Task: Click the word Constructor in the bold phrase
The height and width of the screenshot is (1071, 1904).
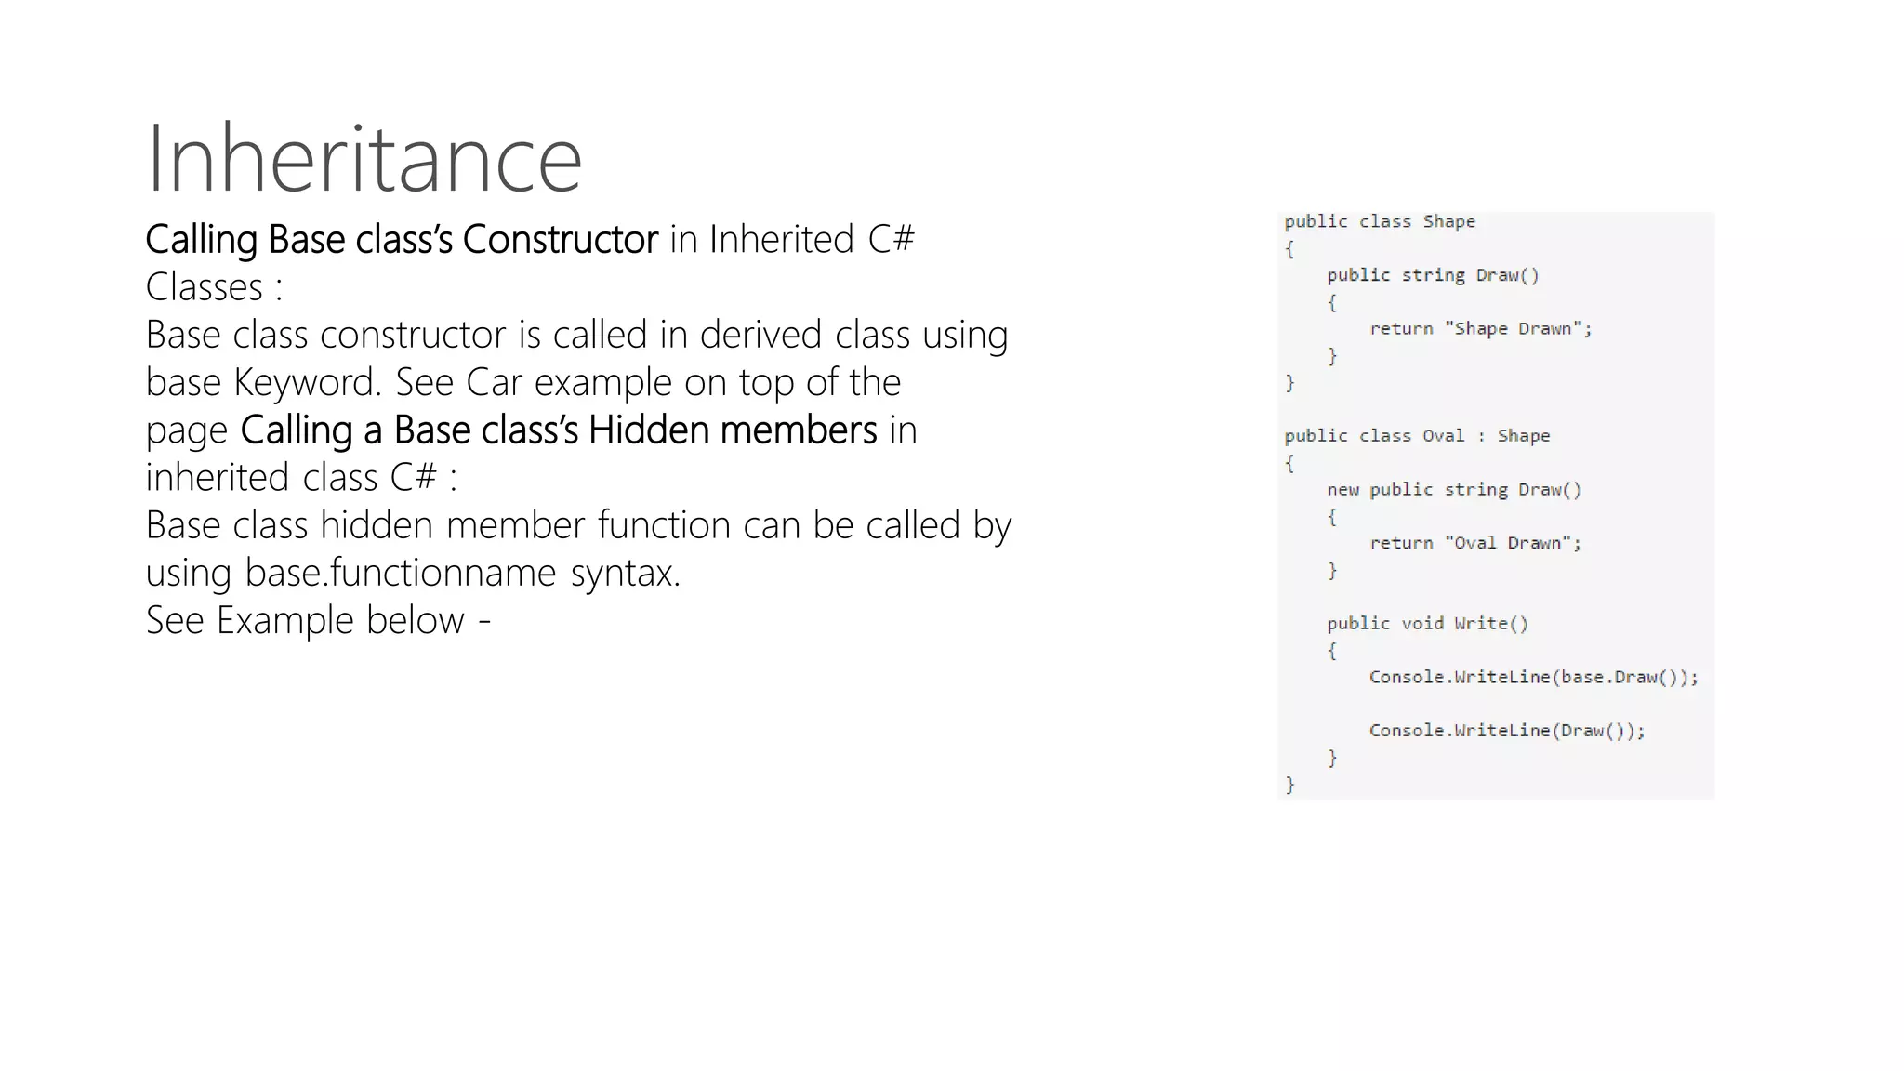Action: point(560,240)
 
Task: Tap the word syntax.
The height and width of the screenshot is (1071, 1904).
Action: point(625,573)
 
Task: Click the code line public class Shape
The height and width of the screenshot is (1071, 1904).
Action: point(1380,221)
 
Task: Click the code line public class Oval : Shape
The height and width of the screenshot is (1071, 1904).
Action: point(1417,435)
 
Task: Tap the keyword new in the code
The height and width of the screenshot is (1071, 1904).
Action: point(1342,489)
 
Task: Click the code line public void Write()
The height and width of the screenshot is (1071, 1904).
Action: point(1427,623)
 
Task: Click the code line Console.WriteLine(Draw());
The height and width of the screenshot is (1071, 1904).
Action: point(1506,731)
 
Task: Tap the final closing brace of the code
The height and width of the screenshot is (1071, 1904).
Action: point(1289,785)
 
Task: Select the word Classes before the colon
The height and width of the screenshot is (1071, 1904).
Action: point(205,287)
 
